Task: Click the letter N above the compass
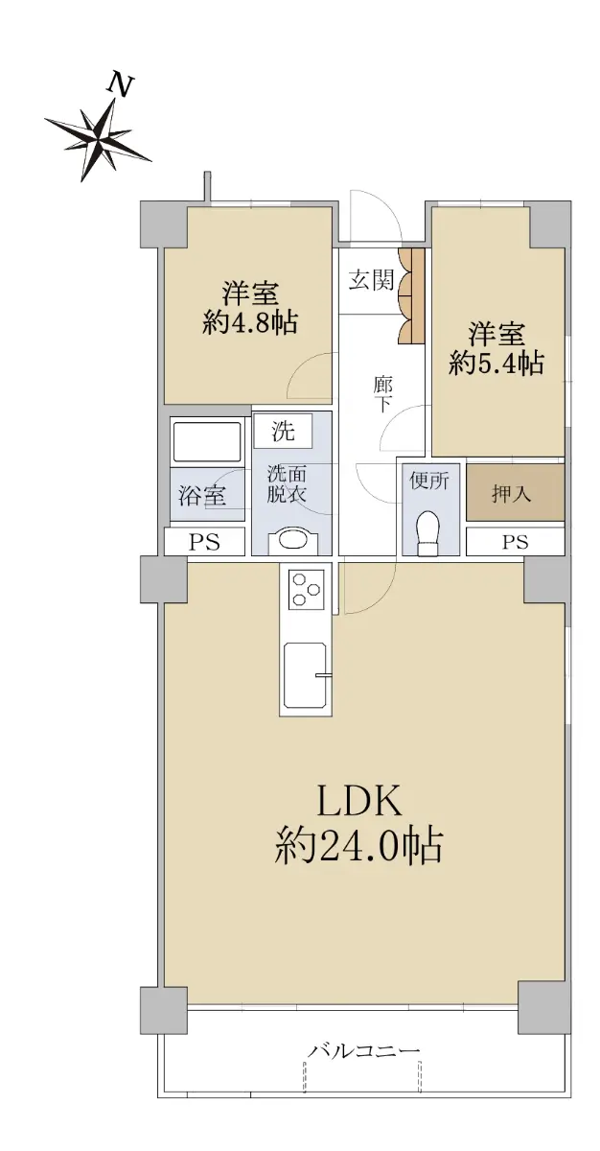tap(121, 84)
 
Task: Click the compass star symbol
tap(98, 138)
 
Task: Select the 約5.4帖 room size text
tap(496, 363)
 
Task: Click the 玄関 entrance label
tap(372, 280)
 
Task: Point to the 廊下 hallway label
tap(383, 394)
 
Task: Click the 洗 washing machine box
tap(284, 431)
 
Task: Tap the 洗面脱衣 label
tap(287, 483)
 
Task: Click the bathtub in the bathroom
tap(207, 441)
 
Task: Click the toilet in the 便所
tap(427, 533)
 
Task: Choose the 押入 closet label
tap(511, 494)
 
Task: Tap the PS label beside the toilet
tap(515, 542)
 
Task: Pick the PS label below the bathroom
tap(204, 542)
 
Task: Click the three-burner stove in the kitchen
tap(307, 589)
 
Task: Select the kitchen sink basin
tap(306, 674)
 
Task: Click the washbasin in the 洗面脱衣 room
tap(292, 542)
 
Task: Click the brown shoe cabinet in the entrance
tap(412, 295)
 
